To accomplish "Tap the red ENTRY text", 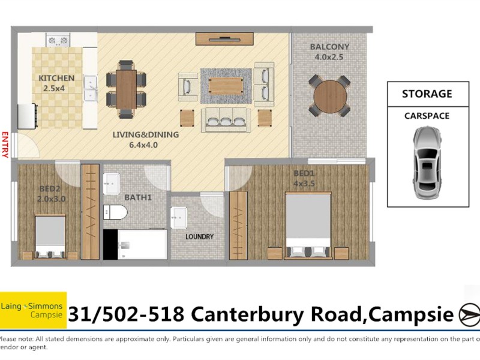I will pos(5,145).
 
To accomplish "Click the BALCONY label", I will pos(329,47).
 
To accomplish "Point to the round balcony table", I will pos(329,95).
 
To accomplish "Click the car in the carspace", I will pos(427,159).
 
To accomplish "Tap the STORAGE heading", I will pos(427,94).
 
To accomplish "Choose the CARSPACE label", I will pos(427,116).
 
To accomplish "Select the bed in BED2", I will pos(50,236).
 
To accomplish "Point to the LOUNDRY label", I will pos(199,236).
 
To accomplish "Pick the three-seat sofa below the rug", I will pos(226,120).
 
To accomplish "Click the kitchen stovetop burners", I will pos(59,41).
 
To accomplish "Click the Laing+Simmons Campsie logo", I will pos(33,310).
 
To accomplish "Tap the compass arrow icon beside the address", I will pos(469,314).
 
